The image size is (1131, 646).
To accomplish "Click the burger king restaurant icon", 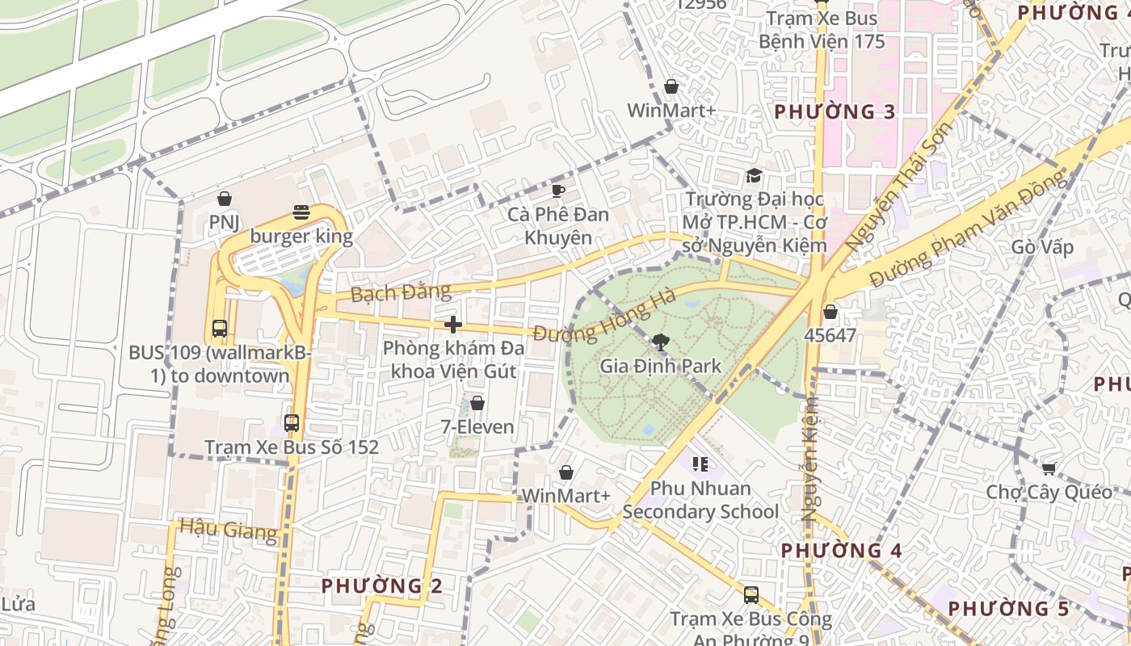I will click(301, 212).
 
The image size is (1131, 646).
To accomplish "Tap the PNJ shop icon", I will click(225, 199).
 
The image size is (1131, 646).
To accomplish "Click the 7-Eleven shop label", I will click(477, 426).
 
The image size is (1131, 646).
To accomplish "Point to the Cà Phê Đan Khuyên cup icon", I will click(557, 191).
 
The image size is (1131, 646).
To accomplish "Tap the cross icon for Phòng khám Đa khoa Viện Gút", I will click(453, 325).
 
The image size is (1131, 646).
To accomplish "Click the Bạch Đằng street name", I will click(390, 292).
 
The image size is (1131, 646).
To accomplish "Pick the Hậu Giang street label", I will click(228, 530).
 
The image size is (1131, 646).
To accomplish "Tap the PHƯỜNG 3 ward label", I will click(835, 112).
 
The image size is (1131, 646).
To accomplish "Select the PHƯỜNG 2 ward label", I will click(382, 585).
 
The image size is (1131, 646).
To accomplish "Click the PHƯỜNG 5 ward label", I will click(1008, 608).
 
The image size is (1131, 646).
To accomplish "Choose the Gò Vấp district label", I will click(1042, 247).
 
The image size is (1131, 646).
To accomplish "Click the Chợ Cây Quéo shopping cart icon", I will click(1049, 468).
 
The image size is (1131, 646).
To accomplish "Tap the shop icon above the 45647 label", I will click(830, 312).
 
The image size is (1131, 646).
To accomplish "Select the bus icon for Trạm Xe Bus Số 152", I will click(292, 422).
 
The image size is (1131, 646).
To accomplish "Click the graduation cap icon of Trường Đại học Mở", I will click(754, 176).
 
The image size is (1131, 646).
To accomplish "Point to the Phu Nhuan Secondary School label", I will click(700, 500).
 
